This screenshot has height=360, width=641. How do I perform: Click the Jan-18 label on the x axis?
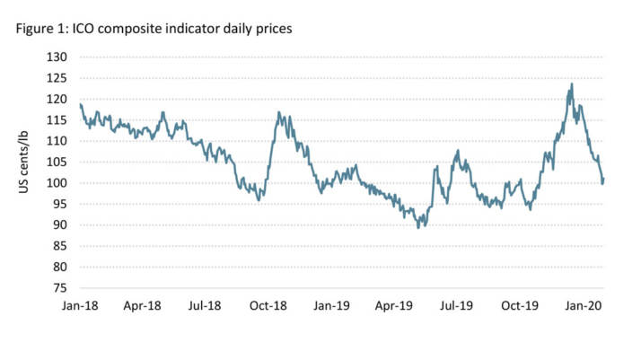(x=80, y=307)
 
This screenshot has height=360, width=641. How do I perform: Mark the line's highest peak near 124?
(x=572, y=84)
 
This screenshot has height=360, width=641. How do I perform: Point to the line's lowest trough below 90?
(x=417, y=227)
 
